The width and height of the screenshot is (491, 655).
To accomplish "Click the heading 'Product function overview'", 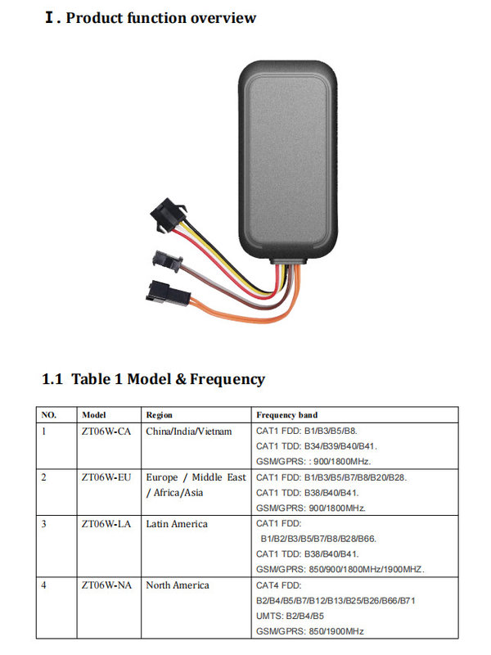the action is (x=160, y=18).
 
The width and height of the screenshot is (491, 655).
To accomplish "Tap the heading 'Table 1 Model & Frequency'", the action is (x=168, y=379).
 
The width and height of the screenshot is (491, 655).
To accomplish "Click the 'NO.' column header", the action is (x=49, y=415).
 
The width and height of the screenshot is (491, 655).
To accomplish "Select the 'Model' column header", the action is (x=94, y=415).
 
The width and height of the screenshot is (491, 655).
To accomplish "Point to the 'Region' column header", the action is (x=159, y=415).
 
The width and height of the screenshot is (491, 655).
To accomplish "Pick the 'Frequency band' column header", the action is (x=287, y=415).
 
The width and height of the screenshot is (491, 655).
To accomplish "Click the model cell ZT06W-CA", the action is (x=106, y=431).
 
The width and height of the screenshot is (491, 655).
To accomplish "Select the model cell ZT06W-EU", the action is (x=106, y=477).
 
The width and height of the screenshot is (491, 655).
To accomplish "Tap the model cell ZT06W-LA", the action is (x=106, y=524).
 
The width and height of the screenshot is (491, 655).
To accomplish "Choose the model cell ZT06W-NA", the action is (x=106, y=585).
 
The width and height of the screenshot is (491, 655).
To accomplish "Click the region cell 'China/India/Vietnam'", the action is (x=189, y=431).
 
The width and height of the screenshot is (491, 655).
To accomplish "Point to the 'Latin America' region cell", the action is (x=177, y=524).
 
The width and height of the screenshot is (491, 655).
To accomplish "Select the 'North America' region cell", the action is (x=178, y=585).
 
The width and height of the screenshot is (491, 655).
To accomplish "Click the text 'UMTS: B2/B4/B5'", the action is (x=290, y=616).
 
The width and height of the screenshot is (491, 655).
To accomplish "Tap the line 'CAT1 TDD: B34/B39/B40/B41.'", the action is (x=317, y=446).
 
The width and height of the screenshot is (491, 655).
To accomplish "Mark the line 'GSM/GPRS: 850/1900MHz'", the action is (x=310, y=631).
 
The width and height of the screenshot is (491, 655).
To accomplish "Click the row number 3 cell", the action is (x=44, y=524).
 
